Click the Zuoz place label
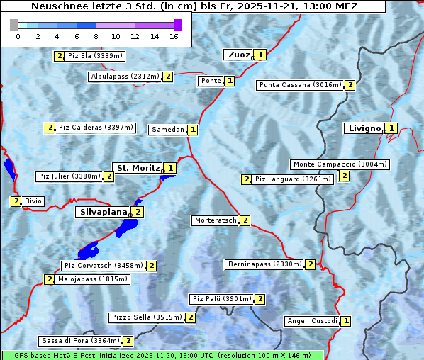click(238, 55)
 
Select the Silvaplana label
click(103, 211)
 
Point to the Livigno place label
click(363, 128)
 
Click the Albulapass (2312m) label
click(125, 77)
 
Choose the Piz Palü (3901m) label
click(221, 299)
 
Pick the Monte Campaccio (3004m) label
click(340, 164)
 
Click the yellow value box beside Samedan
click(192, 130)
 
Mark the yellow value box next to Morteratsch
click(245, 220)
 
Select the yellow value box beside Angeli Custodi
click(345, 321)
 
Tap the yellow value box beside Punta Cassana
click(350, 85)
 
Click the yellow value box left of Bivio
click(16, 201)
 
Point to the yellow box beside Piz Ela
click(59, 55)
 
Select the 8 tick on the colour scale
click(96, 36)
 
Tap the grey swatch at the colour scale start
click(14, 25)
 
